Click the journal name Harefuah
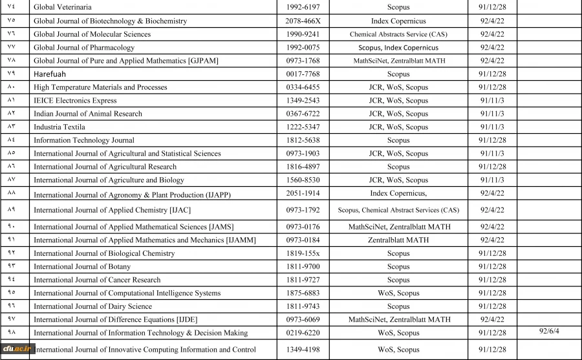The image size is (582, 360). pos(50,74)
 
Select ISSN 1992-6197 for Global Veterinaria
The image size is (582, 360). pos(303,7)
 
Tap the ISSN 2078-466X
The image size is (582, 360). pos(303,21)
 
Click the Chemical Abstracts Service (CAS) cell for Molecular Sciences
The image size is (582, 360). pos(398,34)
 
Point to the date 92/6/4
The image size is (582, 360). pos(549,331)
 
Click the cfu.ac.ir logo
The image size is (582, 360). pos(15,350)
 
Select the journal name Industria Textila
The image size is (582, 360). pos(59,127)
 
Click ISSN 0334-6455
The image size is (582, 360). pos(303,87)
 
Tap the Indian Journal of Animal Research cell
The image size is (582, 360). pos(88,114)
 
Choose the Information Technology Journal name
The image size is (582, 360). pos(84,140)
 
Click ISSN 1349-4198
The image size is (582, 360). pos(303,350)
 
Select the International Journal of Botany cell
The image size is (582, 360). pos(82,266)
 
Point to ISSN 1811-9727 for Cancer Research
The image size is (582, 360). pos(303,280)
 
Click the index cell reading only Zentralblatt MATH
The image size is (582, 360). pos(398,240)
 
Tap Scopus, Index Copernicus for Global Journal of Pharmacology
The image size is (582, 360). pos(398,47)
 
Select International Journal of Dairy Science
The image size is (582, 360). pos(93,306)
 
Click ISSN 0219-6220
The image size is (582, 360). pos(303,333)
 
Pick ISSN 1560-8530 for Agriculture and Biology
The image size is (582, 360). pos(303,180)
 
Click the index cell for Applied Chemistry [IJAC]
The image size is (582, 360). pos(398,210)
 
